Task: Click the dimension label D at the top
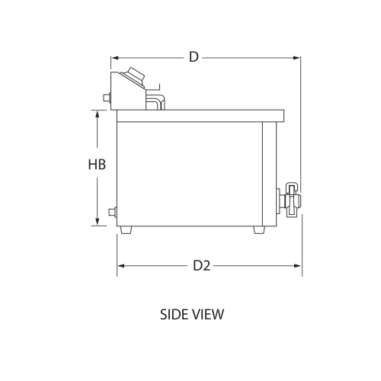[x=194, y=57]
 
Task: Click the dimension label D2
[x=201, y=265]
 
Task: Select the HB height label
[x=96, y=165]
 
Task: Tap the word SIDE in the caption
[x=174, y=313]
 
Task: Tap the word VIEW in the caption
[x=209, y=313]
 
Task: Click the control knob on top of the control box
[x=136, y=75]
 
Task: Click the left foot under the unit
[x=126, y=229]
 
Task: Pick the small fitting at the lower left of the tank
[x=114, y=211]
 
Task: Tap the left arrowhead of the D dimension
[x=115, y=57]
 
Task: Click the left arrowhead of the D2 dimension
[x=120, y=265]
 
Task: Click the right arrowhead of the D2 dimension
[x=298, y=265]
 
